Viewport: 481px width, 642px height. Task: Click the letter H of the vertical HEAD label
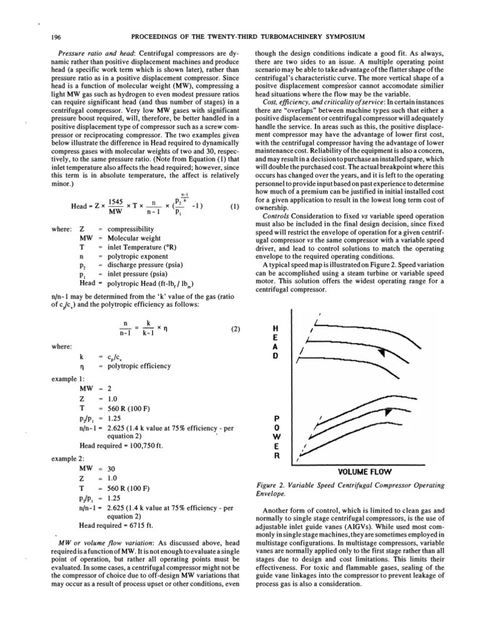click(x=277, y=327)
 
